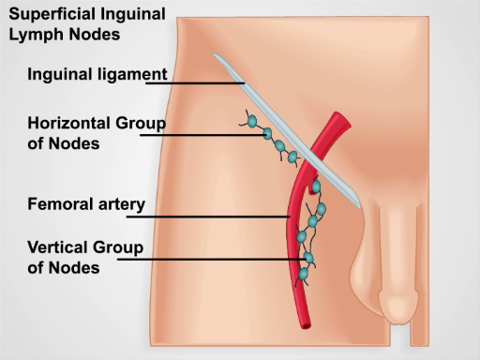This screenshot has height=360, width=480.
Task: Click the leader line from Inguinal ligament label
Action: [197, 82]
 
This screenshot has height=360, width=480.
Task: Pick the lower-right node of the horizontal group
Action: [292, 156]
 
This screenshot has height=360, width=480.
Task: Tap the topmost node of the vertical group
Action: [316, 187]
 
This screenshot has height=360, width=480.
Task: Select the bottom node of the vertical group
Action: [304, 275]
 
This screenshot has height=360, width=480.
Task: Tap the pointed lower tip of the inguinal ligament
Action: [357, 204]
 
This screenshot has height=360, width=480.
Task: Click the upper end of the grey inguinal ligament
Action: [217, 56]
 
